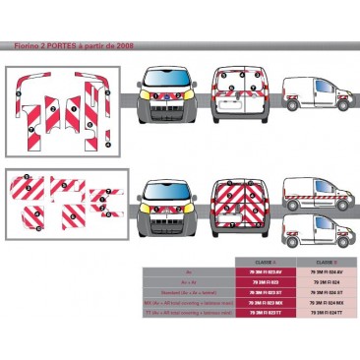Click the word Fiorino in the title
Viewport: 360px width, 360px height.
tap(26, 46)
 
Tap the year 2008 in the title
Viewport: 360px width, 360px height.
tap(123, 46)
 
